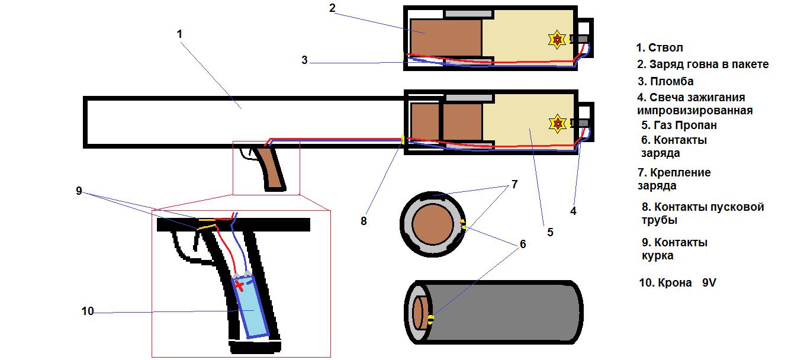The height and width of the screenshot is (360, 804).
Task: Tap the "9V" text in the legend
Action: coord(709,283)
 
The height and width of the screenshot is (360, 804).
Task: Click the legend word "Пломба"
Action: coord(671,82)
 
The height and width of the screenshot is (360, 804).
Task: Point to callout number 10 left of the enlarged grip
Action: coord(88,311)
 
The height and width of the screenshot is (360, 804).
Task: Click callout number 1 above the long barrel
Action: coord(180,34)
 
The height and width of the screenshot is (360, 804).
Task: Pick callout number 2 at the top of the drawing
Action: coord(332,8)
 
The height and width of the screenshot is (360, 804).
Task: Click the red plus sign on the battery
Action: coord(239,286)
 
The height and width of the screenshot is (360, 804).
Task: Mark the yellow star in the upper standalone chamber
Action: coord(557,39)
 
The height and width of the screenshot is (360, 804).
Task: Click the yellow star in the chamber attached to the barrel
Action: coord(557,123)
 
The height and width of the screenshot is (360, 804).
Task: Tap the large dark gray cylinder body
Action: coord(509,311)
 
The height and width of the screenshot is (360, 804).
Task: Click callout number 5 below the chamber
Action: coord(550,233)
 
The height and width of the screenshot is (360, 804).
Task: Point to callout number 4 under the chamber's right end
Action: coord(573,210)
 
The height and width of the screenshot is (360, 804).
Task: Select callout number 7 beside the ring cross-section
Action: coord(514,185)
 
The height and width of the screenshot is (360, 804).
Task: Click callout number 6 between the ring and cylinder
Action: coord(523,243)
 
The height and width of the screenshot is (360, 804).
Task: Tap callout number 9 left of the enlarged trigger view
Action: coord(78,191)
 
